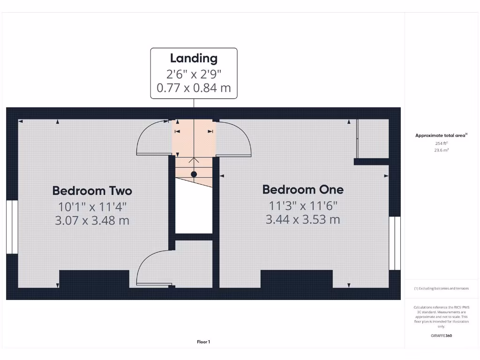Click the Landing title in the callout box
pos(194,58)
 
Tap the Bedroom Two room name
pos(92,191)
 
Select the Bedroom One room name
pos(303,189)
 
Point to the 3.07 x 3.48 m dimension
pos(92,220)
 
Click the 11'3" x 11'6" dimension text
pos(303,205)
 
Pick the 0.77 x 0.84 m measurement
pos(194,88)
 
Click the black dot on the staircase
pos(194,174)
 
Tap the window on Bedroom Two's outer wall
pos(12,227)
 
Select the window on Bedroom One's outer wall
pos(395,243)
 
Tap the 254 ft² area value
pos(441,143)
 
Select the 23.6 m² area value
pos(441,150)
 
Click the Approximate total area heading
pos(441,135)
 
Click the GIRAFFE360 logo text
pos(441,335)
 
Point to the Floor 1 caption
pos(203,342)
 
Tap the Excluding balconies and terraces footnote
pos(441,288)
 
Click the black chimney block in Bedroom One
pos(297,279)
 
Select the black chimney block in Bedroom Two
pos(94,279)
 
